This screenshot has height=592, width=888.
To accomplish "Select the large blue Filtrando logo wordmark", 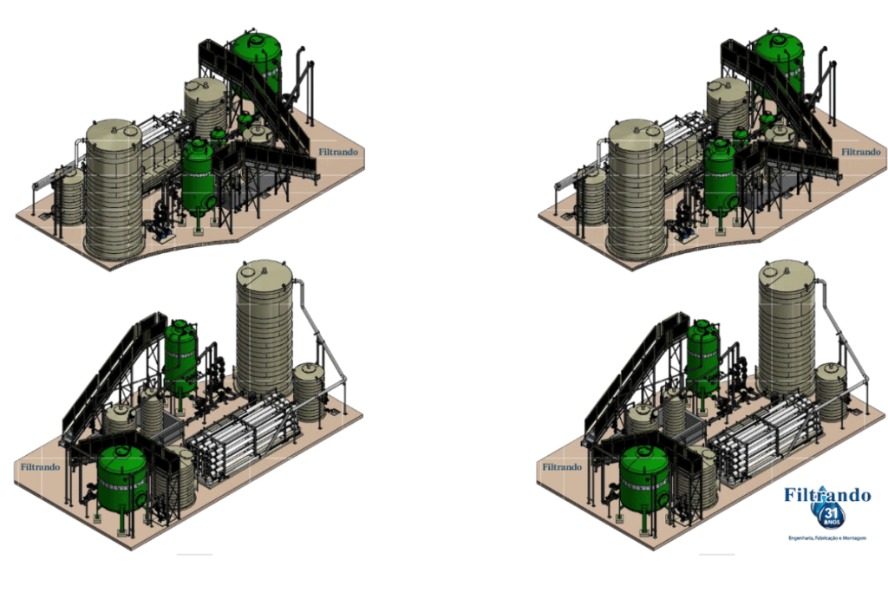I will coord(826,495).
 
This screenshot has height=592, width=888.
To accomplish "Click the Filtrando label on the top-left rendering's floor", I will coord(336,153).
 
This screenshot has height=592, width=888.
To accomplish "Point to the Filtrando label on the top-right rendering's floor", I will coord(859,152).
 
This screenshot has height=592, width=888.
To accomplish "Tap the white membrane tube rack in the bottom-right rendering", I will coord(767,438).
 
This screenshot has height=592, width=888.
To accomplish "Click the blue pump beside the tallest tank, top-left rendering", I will coord(160,229).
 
